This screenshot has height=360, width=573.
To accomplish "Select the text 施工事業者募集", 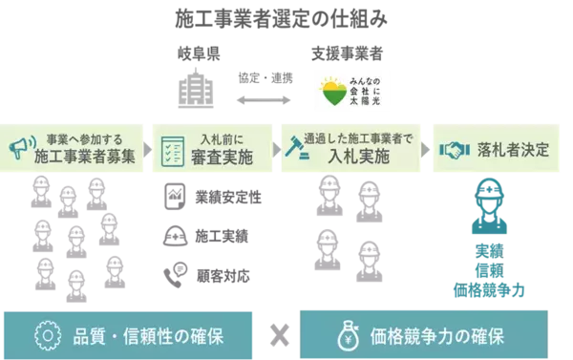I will pyautogui.click(x=88, y=157).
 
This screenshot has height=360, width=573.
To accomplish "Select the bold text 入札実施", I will pyautogui.click(x=358, y=157).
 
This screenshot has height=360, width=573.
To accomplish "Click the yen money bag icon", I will pyautogui.click(x=347, y=335).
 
